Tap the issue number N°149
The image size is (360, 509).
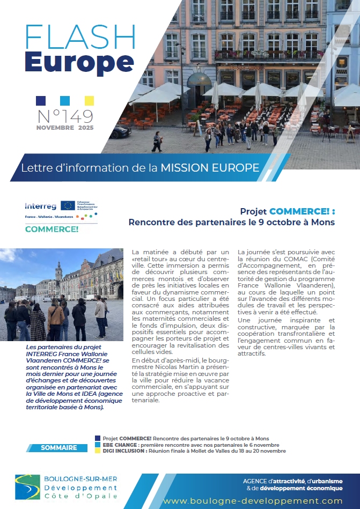pyautogui.click(x=65, y=115)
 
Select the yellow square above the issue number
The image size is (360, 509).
pyautogui.click(x=89, y=100)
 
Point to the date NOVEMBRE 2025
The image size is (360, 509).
pyautogui.click(x=65, y=128)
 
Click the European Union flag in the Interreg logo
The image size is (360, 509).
pyautogui.click(x=68, y=205)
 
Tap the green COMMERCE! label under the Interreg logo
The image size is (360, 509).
pyautogui.click(x=52, y=229)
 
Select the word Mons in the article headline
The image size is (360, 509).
pyautogui.click(x=324, y=222)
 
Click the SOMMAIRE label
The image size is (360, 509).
pyautogui.click(x=59, y=447)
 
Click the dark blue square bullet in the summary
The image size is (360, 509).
pyautogui.click(x=97, y=438)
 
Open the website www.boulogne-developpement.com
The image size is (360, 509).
pyautogui.click(x=253, y=500)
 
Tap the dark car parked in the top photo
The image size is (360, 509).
pyautogui.click(x=120, y=131)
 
